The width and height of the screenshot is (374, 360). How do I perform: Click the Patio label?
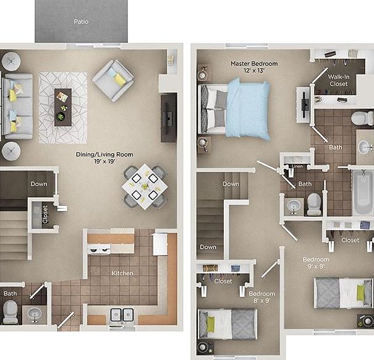[x=81, y=22]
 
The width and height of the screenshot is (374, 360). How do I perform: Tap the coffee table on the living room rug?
[x=63, y=107]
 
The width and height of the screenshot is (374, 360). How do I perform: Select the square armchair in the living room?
[x=113, y=80]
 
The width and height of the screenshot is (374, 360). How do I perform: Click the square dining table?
[x=145, y=186]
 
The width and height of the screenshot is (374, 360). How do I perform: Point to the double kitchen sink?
[x=122, y=314]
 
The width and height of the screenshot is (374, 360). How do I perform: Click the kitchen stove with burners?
[x=99, y=249]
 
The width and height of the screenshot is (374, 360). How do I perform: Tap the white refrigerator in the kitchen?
[x=160, y=244]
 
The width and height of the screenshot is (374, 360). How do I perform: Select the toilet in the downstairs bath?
[x=11, y=312]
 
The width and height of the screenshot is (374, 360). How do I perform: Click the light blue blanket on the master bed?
[x=248, y=109]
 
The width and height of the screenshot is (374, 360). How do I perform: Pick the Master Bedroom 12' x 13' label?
[x=254, y=67]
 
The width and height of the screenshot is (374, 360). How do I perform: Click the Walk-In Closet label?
[x=339, y=80]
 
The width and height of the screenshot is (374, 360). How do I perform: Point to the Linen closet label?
[x=297, y=166]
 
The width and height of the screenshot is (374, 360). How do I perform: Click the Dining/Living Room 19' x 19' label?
[x=104, y=158]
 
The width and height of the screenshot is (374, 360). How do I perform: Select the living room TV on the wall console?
[x=169, y=118]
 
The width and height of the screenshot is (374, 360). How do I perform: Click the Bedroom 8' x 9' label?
[x=262, y=297]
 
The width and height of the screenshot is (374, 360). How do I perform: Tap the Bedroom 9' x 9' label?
[x=316, y=263]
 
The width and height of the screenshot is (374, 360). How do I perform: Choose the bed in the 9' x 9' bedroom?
[x=343, y=293]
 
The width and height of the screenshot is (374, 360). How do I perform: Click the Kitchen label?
[x=122, y=273]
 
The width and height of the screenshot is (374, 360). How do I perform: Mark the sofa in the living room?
[x=17, y=106]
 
